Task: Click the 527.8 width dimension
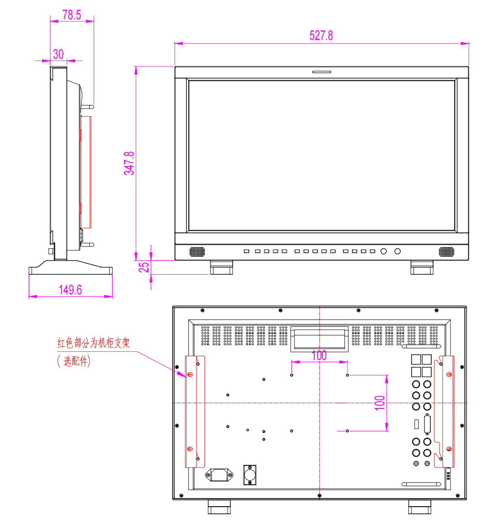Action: coord(321,35)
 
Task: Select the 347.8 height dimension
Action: coord(129,163)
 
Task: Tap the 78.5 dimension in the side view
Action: coord(72,15)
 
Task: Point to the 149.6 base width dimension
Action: coord(70,290)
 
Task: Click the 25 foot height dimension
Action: coord(144,267)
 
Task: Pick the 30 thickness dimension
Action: coord(58,54)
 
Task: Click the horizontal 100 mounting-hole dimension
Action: coord(319,355)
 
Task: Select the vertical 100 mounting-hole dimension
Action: coord(380,403)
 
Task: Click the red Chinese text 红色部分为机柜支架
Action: coord(94,343)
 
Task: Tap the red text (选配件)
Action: coord(74,361)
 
